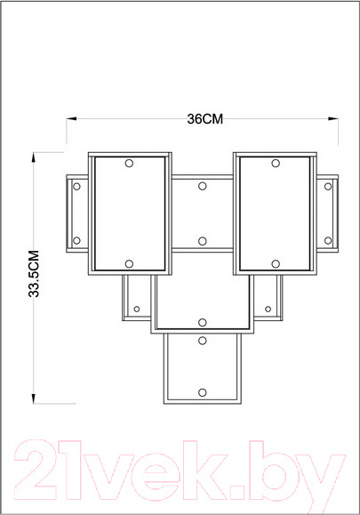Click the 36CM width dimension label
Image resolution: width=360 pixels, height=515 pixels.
click(x=204, y=118)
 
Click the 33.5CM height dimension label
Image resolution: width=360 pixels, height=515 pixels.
click(x=34, y=274)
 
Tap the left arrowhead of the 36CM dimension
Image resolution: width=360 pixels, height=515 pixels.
click(x=71, y=118)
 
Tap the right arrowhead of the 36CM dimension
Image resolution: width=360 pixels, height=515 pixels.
click(x=333, y=118)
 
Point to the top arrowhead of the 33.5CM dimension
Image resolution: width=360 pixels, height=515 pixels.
click(x=33, y=157)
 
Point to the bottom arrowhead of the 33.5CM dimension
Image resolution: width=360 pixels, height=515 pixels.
click(x=33, y=398)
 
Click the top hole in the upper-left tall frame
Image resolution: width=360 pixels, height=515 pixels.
click(x=129, y=164)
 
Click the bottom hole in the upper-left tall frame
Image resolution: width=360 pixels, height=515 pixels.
click(x=129, y=264)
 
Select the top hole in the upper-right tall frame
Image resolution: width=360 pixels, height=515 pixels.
click(x=276, y=164)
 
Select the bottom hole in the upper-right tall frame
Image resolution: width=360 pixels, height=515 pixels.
click(x=276, y=264)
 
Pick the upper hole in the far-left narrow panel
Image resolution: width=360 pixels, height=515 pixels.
click(x=76, y=187)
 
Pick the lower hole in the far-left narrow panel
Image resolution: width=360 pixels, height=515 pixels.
click(x=76, y=240)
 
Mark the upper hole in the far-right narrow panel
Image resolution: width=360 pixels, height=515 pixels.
click(x=328, y=187)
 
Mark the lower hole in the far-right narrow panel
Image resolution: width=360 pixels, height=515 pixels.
click(x=328, y=240)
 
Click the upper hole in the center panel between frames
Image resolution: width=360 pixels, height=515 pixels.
click(x=203, y=186)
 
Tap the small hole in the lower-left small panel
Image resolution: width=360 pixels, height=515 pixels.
click(x=137, y=309)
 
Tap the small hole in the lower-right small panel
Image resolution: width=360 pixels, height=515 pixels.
click(x=268, y=309)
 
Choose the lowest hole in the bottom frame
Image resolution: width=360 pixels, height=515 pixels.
click(x=203, y=392)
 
